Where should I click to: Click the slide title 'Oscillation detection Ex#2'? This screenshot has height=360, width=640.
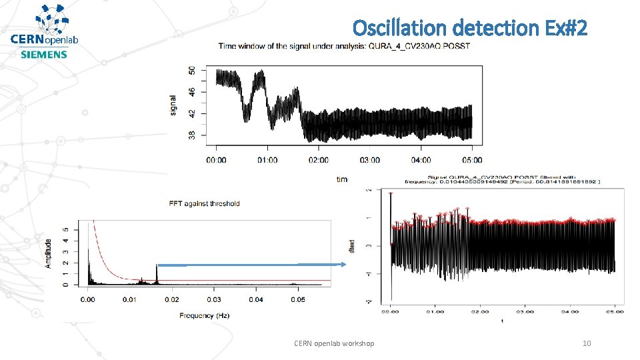pos(470,28)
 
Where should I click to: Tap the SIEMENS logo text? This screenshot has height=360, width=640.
pos(44,54)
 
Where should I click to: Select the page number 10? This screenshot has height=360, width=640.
pos(587,343)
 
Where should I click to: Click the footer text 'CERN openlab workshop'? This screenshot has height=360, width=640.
pos(334,343)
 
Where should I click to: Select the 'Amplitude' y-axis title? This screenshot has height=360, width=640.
pos(49,254)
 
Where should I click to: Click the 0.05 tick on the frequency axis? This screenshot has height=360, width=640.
pos(297,300)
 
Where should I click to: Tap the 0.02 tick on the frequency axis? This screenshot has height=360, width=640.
pos(171,300)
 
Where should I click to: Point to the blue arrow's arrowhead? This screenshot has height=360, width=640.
pos(344,265)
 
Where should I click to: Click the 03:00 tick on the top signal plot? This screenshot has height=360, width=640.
pos(370,160)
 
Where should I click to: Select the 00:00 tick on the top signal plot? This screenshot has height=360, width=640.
pos(216,160)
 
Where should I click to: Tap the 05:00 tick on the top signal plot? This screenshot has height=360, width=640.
pos(472,160)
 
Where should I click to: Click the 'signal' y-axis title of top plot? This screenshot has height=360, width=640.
pos(173,105)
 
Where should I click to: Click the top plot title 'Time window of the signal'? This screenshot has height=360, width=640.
pos(344,46)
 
